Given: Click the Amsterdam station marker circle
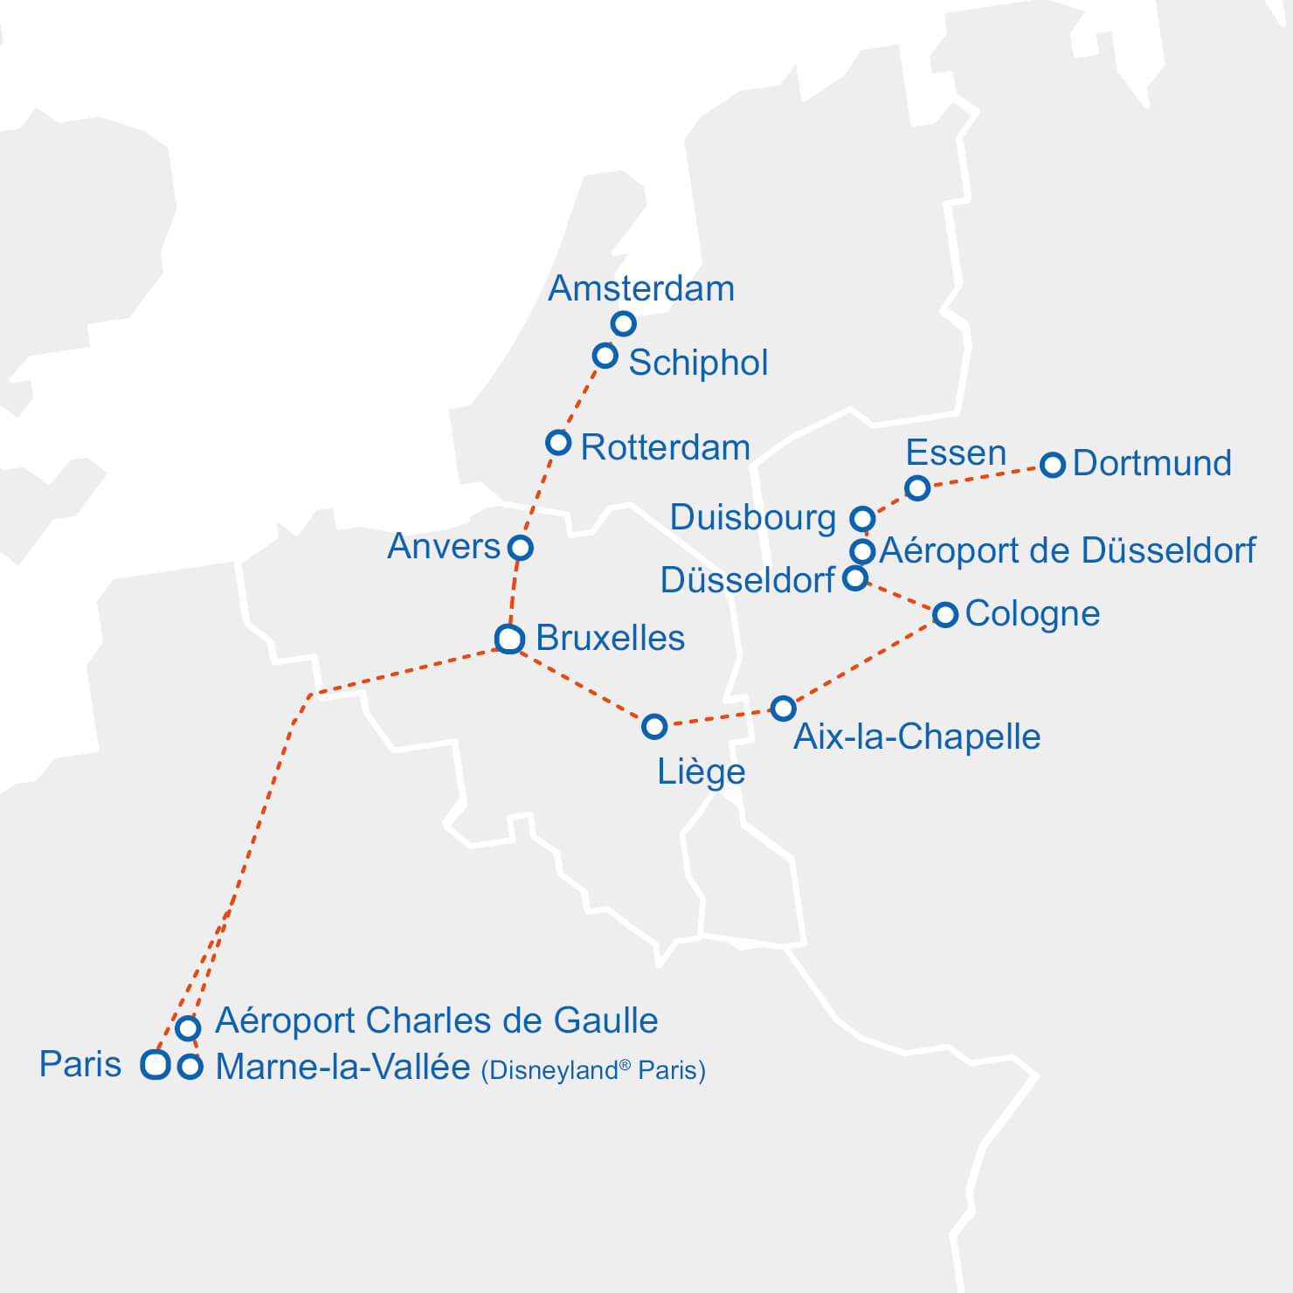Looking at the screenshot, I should click(x=623, y=324).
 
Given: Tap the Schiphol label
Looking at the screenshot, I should click(x=698, y=363).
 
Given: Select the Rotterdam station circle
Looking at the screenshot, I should click(x=558, y=442).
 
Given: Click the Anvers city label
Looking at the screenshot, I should click(x=443, y=547).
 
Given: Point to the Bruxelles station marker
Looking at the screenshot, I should click(x=509, y=639).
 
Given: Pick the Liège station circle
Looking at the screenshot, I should click(x=654, y=726).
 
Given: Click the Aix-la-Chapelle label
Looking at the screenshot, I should click(x=916, y=736).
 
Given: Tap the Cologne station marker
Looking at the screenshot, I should click(x=945, y=614).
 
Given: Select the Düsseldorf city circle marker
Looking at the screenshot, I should click(x=855, y=578).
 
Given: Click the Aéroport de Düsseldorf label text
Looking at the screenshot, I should click(x=1067, y=550).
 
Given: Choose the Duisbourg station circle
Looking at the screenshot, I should click(x=862, y=519).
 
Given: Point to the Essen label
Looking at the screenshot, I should click(x=956, y=453).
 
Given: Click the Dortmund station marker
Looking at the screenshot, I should click(x=1053, y=465).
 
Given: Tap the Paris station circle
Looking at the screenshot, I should click(x=156, y=1064).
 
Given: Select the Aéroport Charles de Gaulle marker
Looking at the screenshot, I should click(x=188, y=1027).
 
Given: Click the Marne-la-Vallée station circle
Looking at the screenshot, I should click(x=190, y=1067).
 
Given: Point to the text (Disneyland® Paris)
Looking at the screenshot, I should click(x=593, y=1070).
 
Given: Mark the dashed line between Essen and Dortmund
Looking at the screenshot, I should click(x=985, y=476).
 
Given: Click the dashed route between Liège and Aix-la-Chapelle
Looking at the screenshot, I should click(x=718, y=717).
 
